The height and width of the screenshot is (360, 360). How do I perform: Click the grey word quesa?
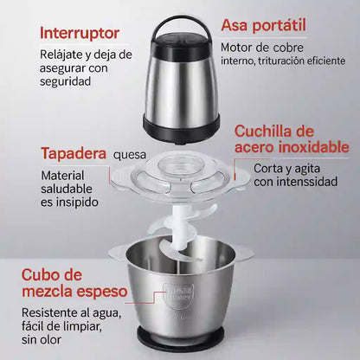click(x=130, y=156)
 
